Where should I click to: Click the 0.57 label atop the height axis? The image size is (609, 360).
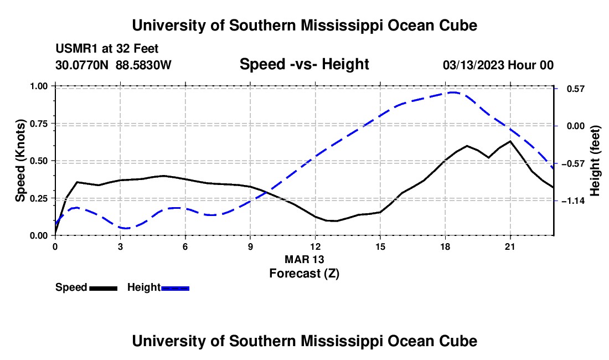[x=576, y=89]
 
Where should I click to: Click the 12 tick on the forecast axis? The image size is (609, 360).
[x=316, y=246]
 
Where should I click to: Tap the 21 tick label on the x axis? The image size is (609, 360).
[x=509, y=246]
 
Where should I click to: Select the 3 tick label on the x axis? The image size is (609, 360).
[x=120, y=246]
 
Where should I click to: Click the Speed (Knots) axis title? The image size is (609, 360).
[x=20, y=161]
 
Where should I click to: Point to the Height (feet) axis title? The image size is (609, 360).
[x=595, y=161]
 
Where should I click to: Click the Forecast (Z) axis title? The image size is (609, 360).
[x=304, y=274]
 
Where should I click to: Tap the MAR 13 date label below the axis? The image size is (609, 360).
[x=304, y=259]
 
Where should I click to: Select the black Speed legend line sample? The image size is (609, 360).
[x=104, y=289]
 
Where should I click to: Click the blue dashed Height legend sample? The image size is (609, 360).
[x=175, y=289]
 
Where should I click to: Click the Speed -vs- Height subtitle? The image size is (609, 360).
[x=304, y=64]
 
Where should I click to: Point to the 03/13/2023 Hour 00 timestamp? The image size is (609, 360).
[x=498, y=65]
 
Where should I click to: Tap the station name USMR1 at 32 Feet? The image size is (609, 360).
[x=107, y=49]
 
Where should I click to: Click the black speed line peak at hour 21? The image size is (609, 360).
[x=509, y=141]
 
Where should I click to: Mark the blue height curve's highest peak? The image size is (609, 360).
[x=453, y=92]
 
